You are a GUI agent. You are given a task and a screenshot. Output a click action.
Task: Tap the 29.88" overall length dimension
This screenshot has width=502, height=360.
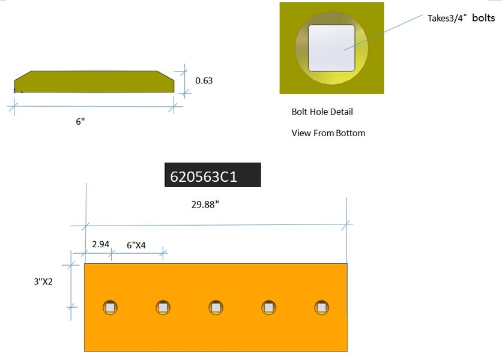(205, 205)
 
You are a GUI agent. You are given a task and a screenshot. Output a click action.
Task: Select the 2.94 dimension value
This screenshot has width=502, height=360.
(100, 244)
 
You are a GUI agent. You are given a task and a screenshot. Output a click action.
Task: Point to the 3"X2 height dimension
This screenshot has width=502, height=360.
(43, 281)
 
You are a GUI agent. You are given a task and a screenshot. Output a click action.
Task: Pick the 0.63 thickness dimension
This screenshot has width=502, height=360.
(204, 80)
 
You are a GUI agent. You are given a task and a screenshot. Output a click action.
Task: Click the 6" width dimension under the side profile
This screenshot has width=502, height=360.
(80, 121)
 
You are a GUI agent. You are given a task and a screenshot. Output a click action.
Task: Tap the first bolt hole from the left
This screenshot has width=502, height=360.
(110, 307)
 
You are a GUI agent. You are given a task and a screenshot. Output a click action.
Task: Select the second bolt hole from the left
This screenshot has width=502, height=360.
(163, 307)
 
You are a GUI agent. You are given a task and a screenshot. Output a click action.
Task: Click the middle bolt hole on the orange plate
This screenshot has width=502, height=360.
(216, 307)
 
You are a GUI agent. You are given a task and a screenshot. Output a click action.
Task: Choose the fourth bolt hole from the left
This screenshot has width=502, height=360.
(268, 307)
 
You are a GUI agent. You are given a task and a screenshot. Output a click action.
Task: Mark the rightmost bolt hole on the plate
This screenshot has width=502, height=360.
(321, 307)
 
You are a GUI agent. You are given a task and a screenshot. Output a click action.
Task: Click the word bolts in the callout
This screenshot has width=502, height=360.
(483, 18)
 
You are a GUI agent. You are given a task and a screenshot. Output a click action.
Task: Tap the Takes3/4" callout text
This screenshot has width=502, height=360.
(447, 18)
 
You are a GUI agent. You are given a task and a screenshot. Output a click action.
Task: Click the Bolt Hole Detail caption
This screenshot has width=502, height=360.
(322, 112)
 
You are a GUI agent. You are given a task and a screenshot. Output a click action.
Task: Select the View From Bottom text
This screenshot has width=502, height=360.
(328, 133)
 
